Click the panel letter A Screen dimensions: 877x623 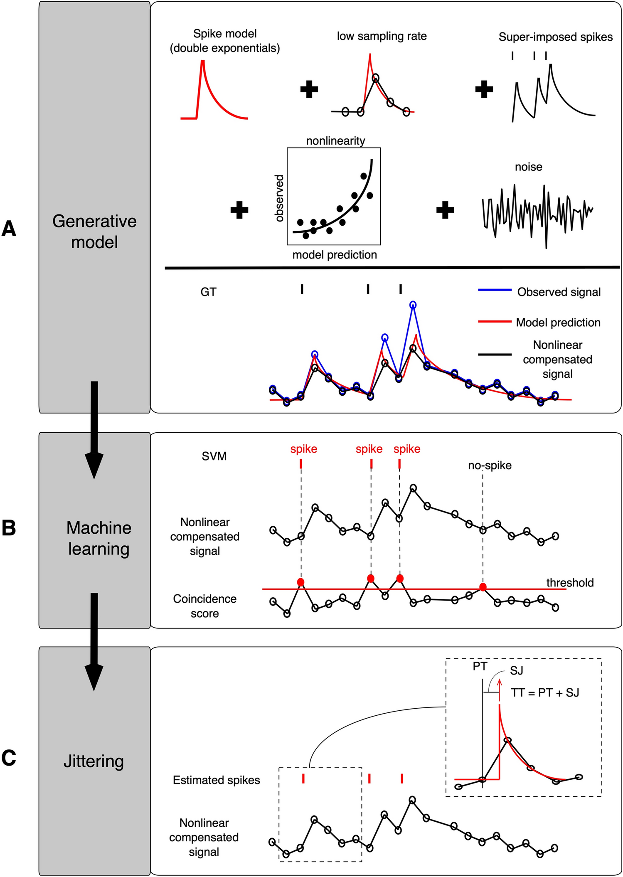pyautogui.click(x=9, y=229)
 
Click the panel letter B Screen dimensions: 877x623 pyautogui.click(x=9, y=528)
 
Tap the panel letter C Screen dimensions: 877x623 pyautogui.click(x=9, y=758)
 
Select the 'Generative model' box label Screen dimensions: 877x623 pyautogui.click(x=94, y=232)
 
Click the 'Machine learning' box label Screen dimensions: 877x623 pyautogui.click(x=99, y=538)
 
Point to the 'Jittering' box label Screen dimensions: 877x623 pyautogui.click(x=94, y=761)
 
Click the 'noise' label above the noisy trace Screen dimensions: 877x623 pyautogui.click(x=528, y=167)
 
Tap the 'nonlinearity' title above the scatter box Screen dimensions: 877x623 pyautogui.click(x=335, y=141)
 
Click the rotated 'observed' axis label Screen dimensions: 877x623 pyautogui.click(x=279, y=198)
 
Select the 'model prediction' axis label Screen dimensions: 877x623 pyautogui.click(x=335, y=255)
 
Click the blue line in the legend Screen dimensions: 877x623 pyautogui.click(x=495, y=290)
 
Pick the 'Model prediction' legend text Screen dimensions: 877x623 pyautogui.click(x=558, y=323)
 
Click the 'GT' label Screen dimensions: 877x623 pyautogui.click(x=208, y=292)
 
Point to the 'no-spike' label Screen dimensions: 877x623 pyautogui.click(x=490, y=466)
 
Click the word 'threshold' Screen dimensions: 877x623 pyautogui.click(x=570, y=583)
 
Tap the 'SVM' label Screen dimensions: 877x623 pyautogui.click(x=214, y=456)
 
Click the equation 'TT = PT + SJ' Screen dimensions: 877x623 pyautogui.click(x=545, y=692)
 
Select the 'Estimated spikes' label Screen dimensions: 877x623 pyautogui.click(x=217, y=780)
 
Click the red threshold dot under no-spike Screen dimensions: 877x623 pyautogui.click(x=483, y=587)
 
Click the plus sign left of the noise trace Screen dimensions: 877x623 pyautogui.click(x=445, y=210)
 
